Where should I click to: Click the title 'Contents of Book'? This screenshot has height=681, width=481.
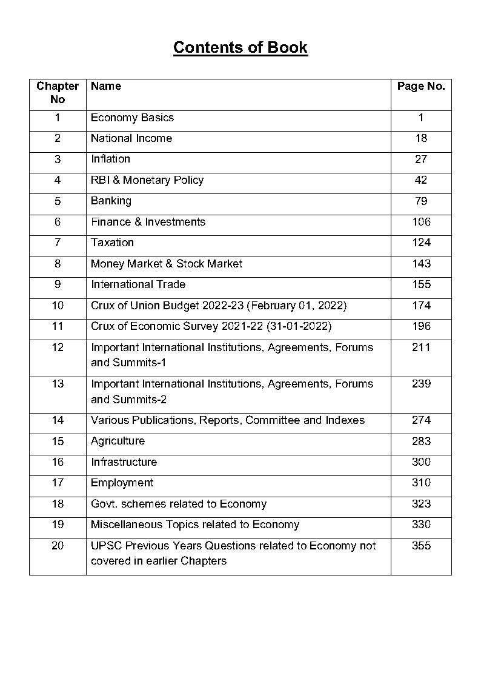[x=240, y=48]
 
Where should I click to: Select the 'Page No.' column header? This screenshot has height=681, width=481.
[x=421, y=86]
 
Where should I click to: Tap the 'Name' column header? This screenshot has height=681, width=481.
[x=106, y=86]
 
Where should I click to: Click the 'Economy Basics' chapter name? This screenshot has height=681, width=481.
[x=132, y=118]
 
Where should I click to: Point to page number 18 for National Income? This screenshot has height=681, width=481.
[x=421, y=138]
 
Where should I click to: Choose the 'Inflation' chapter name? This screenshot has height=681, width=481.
[x=110, y=159]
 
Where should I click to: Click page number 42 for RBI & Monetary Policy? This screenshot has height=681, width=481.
[x=421, y=180]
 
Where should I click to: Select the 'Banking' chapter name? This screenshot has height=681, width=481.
[x=111, y=201]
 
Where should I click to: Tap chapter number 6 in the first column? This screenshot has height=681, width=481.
[x=58, y=222]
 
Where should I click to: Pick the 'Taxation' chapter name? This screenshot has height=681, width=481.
[x=112, y=243]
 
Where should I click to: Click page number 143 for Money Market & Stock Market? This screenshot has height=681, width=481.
[x=421, y=264]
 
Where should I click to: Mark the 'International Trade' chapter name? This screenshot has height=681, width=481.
[x=138, y=284]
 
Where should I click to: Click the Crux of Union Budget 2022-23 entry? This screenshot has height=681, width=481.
[x=219, y=306]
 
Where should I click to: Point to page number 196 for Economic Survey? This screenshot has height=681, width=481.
[x=421, y=326]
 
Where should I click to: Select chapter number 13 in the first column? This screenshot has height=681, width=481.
[x=58, y=384]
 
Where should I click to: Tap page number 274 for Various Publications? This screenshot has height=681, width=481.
[x=421, y=420]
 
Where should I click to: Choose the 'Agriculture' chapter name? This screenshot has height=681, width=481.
[x=118, y=441]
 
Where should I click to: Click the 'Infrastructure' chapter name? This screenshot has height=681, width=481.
[x=124, y=462]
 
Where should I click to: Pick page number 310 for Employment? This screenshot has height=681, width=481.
[x=421, y=483]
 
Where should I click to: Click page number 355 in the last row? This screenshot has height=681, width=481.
[x=421, y=546]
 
